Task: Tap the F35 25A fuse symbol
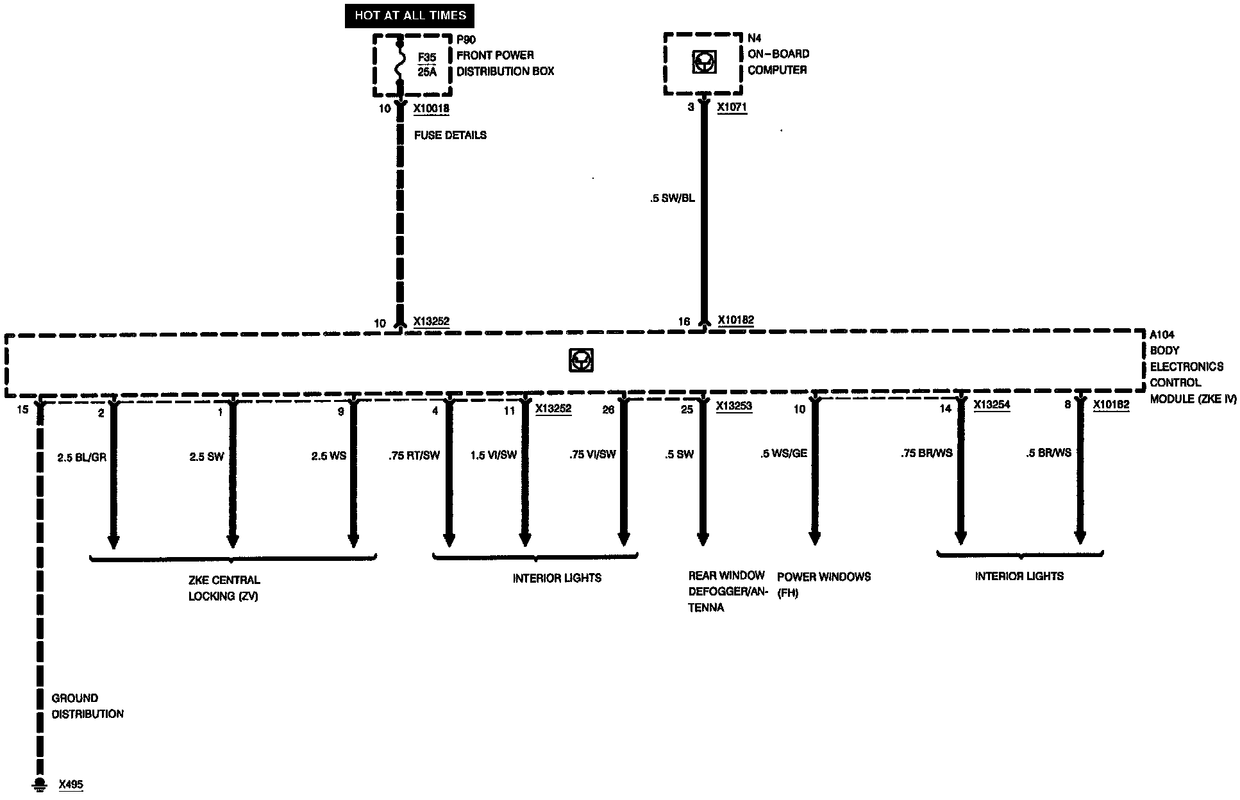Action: point(400,64)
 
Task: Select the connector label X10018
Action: point(431,108)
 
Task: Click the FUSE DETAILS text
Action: point(450,135)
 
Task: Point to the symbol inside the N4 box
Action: point(703,62)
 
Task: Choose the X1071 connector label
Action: point(732,107)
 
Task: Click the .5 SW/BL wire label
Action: point(672,199)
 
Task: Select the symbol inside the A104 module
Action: point(581,360)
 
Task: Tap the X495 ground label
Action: point(71,785)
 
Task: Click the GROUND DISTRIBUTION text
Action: point(87,706)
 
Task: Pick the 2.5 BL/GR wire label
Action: point(81,457)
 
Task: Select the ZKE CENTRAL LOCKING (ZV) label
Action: point(224,588)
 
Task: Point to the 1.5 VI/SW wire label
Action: point(493,455)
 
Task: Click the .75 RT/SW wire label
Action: point(414,455)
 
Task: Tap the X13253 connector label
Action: point(733,406)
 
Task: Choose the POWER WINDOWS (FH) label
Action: point(823,585)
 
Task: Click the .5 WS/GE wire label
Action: point(783,454)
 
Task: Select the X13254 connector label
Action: point(991,405)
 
